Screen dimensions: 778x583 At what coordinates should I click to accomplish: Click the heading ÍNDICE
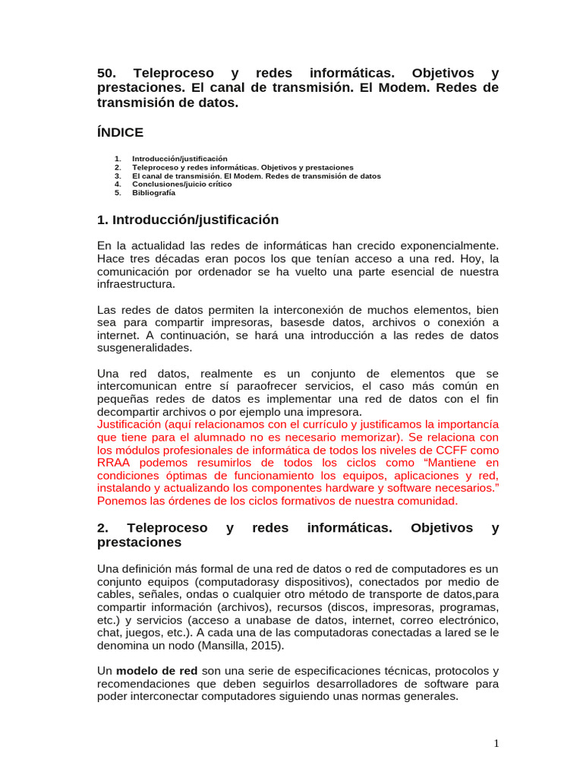click(120, 132)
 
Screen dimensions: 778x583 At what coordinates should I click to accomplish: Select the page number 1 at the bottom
click(496, 744)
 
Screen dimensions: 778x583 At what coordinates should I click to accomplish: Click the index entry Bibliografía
click(153, 193)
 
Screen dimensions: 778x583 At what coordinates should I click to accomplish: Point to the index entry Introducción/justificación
click(179, 159)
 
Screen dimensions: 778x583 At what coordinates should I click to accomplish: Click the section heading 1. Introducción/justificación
click(188, 220)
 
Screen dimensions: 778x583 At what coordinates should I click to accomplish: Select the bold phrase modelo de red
click(157, 671)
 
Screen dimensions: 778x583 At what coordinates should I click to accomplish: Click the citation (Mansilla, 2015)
click(241, 646)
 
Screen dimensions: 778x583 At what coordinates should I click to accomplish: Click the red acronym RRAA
click(117, 463)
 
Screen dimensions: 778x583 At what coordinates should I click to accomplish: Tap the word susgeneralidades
click(145, 347)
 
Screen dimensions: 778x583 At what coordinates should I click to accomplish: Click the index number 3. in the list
click(118, 176)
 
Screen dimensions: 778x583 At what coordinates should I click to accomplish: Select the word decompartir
click(131, 412)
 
